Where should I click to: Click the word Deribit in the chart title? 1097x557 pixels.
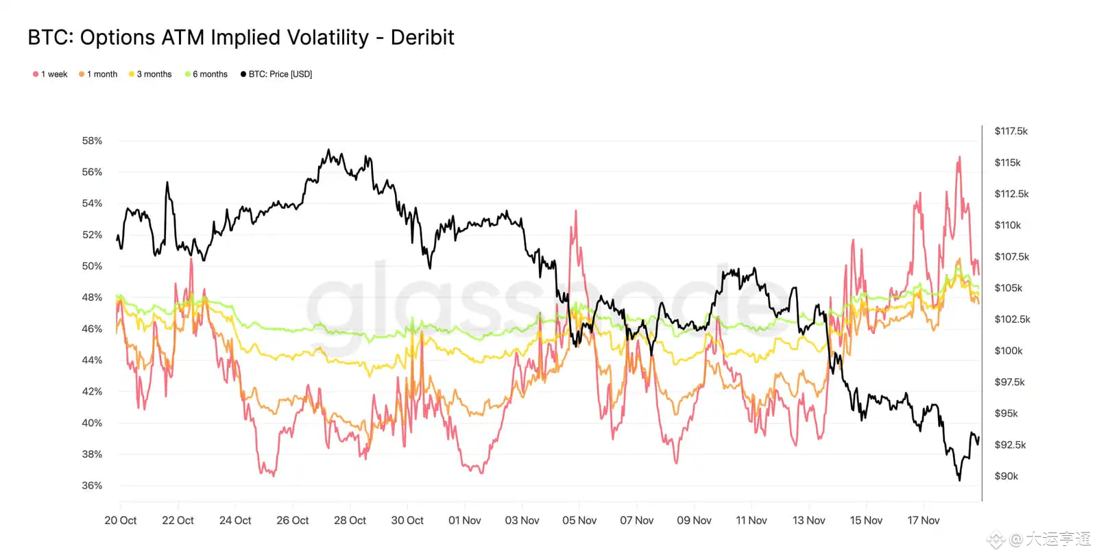(422, 38)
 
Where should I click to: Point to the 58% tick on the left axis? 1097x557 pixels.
(92, 141)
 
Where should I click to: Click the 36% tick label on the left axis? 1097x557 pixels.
(92, 486)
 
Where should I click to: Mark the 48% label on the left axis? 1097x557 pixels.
(92, 297)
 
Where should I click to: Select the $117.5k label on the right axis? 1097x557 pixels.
(1011, 132)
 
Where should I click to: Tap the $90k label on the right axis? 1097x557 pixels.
(1006, 476)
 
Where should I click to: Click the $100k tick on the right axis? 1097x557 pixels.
(1008, 351)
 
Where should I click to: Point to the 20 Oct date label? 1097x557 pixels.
(121, 521)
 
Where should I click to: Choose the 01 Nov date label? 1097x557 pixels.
(465, 521)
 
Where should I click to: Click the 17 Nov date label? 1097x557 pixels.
(923, 521)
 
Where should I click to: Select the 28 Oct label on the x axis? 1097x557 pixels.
(350, 521)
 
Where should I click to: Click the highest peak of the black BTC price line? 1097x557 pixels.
(328, 150)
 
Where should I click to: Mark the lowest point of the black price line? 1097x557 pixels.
(959, 480)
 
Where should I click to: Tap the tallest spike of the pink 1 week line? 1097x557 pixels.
(959, 157)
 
